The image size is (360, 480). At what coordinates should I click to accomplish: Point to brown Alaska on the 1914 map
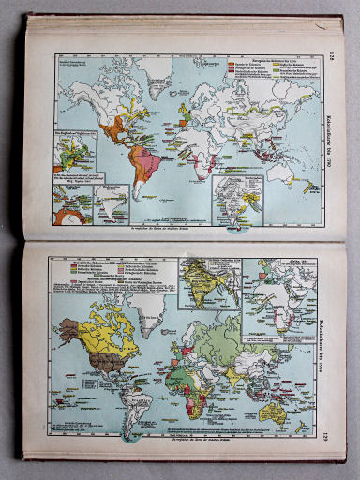pos(70,327)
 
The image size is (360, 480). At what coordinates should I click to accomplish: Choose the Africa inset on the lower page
pos(292,290)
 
